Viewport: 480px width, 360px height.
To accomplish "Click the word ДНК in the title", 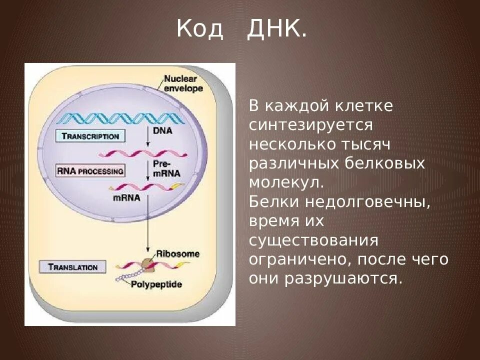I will pos(276,30).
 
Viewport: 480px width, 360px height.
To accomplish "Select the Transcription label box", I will pos(90,136).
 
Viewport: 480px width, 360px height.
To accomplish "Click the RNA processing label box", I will pos(90,171).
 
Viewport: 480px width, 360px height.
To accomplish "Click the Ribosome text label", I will pos(177,253).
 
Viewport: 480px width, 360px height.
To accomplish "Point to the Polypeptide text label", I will pos(156,284).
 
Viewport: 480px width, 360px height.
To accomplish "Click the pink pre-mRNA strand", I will pos(142,153).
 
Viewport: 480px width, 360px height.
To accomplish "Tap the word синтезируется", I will pos(310,124).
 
